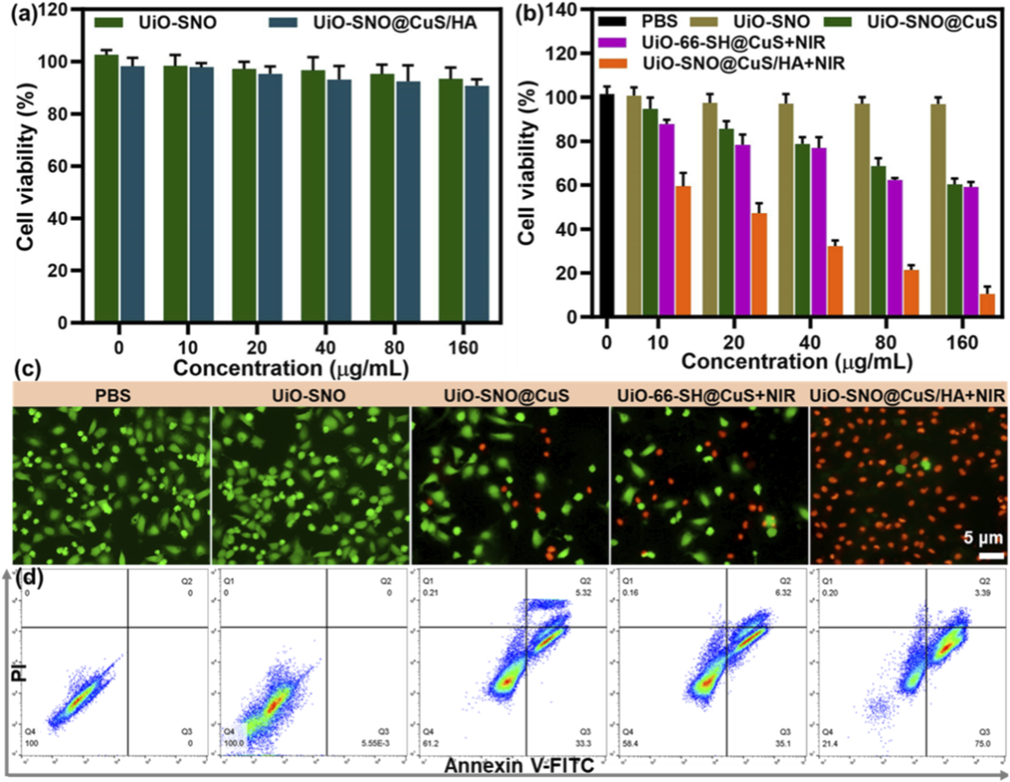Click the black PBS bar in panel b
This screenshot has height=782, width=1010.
point(606,205)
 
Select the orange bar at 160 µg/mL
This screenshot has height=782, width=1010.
point(987,305)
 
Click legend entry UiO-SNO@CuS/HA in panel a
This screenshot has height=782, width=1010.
point(394,23)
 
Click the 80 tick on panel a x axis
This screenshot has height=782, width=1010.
point(394,347)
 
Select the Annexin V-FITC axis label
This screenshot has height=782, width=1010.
point(519,765)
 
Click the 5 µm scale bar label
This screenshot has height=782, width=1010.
point(983,537)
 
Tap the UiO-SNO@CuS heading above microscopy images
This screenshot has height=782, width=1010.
point(506,395)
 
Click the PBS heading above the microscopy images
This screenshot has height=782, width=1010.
point(113,395)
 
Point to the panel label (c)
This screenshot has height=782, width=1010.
point(27,369)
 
